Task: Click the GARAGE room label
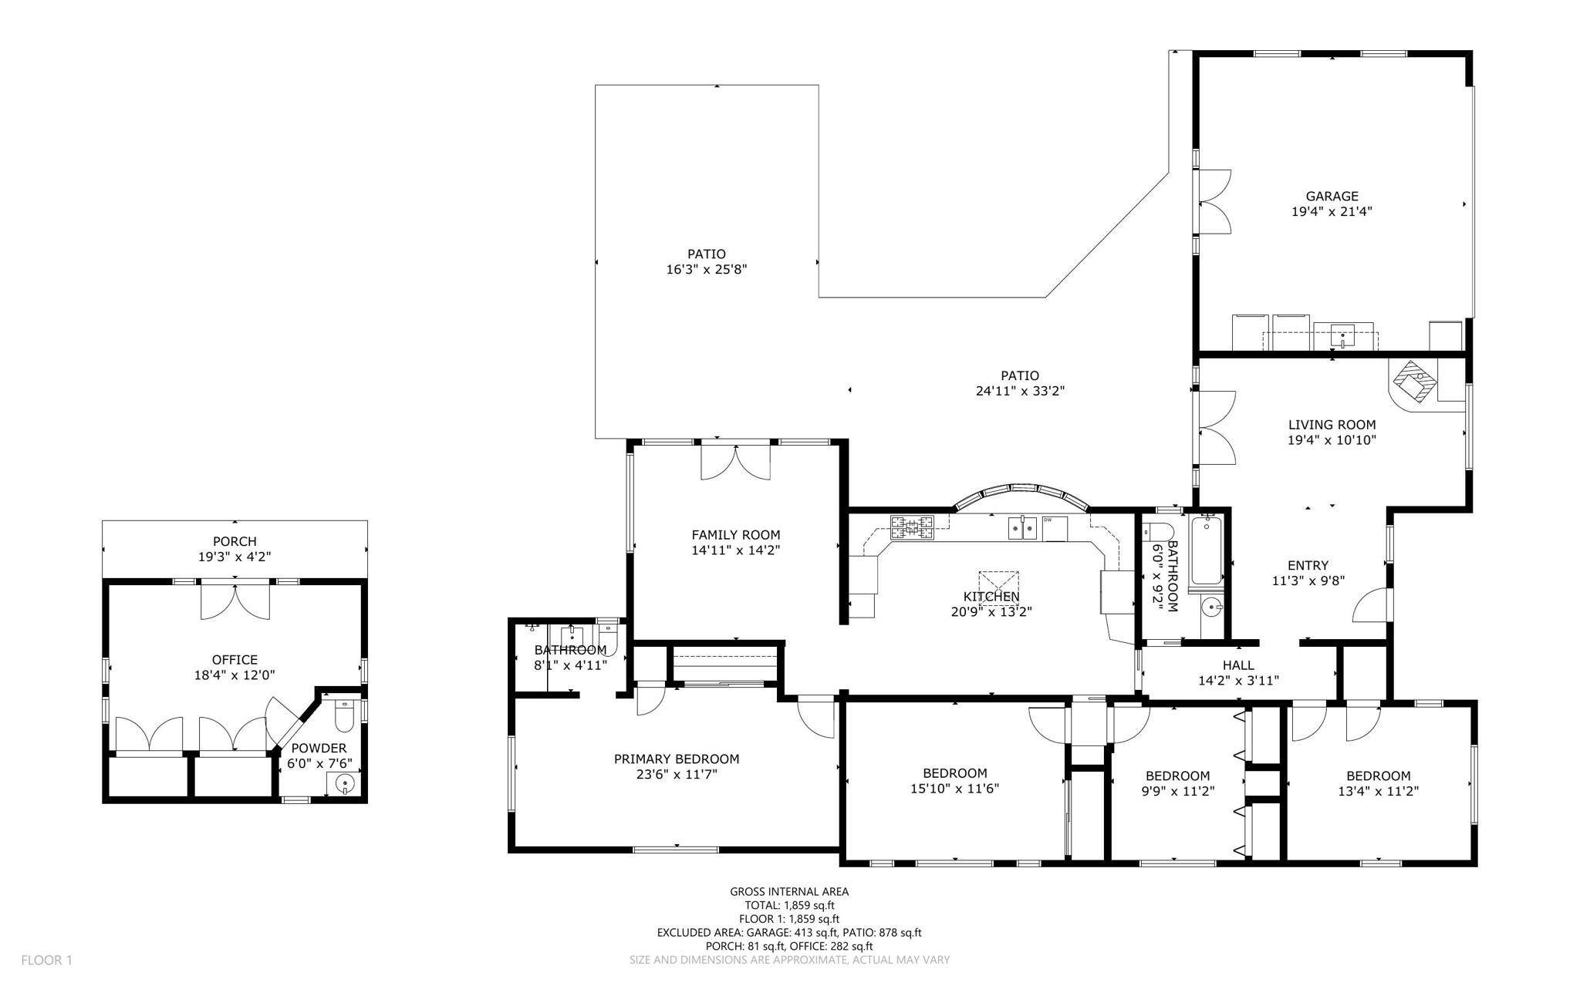pos(1332,197)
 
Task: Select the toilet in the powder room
pos(344,716)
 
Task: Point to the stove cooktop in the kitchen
pos(912,527)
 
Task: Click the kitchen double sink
pos(1022,529)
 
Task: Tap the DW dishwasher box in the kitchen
pos(1055,529)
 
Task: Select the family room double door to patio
pos(735,463)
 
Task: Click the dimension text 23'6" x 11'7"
pos(677,774)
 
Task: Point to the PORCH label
pos(235,541)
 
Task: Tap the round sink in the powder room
pos(345,784)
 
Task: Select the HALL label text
pos(1238,665)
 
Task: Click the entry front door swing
pos(1370,606)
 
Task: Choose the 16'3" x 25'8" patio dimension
pos(707,270)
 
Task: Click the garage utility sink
pos(1342,336)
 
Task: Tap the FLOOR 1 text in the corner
pos(46,960)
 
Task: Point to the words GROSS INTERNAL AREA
pos(789,891)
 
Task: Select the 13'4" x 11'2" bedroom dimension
pos(1378,791)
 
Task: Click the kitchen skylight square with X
pos(999,587)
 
